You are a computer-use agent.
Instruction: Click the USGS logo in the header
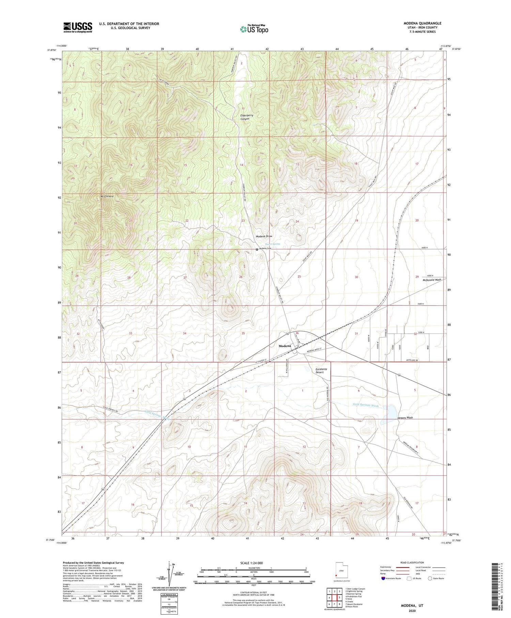[78, 27]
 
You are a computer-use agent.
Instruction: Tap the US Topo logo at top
[254, 29]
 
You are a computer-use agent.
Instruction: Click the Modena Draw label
[264, 236]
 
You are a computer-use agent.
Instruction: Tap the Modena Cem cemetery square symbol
[257, 249]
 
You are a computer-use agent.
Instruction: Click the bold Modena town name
[285, 346]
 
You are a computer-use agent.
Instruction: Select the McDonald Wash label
[432, 280]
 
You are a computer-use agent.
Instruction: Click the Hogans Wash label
[405, 418]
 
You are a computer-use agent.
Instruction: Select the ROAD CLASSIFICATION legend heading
[412, 562]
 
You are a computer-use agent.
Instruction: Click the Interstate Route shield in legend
[384, 578]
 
